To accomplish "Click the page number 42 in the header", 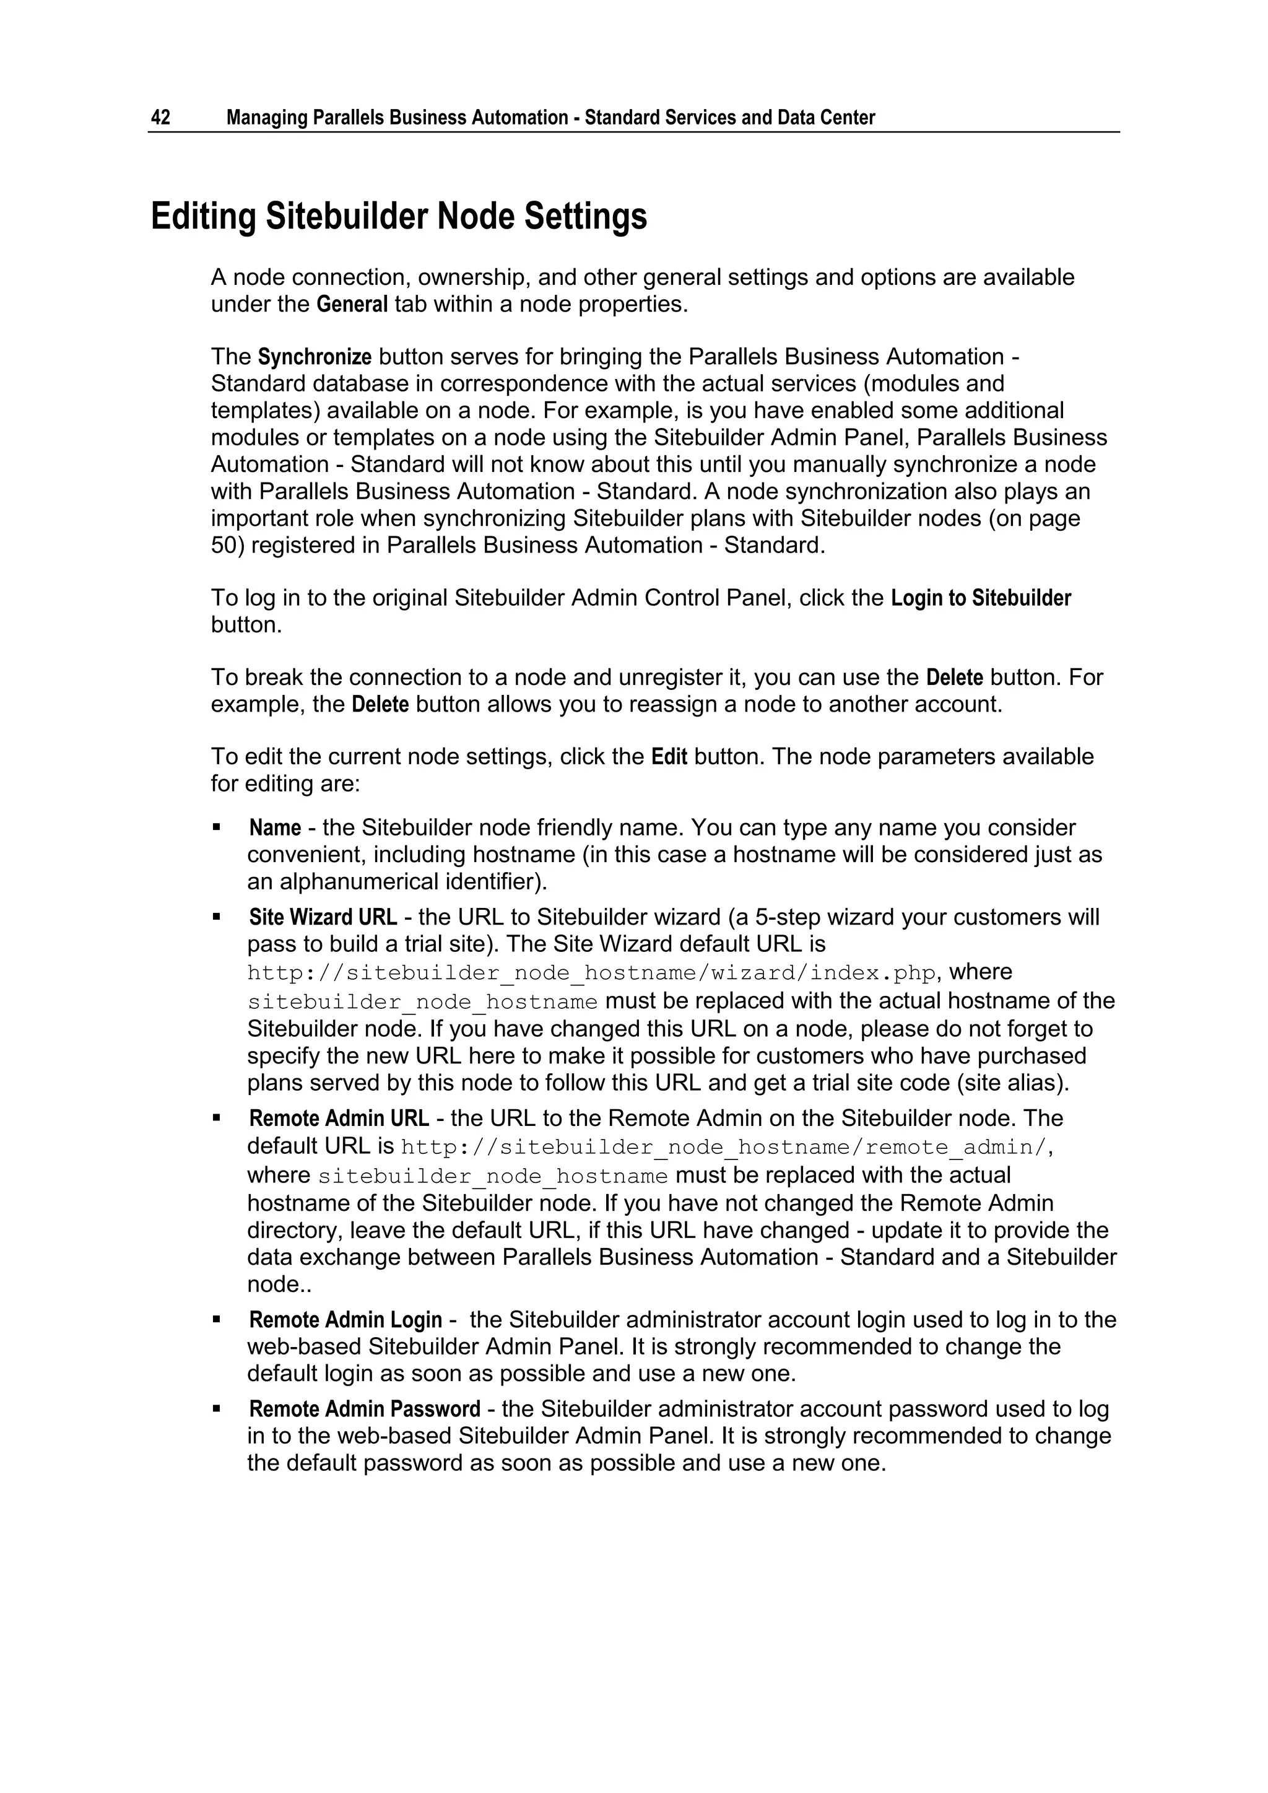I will click(x=160, y=118).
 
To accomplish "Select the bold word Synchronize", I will click(x=315, y=357).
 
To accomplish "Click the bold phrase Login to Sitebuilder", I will click(x=981, y=598).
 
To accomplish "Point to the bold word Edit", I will click(x=669, y=757).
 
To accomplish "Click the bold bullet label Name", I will click(x=275, y=828).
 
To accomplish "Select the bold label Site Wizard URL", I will click(x=323, y=917).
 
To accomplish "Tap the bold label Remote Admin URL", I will click(x=339, y=1119).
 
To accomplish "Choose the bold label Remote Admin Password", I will click(x=365, y=1409).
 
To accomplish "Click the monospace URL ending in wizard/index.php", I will click(x=591, y=973).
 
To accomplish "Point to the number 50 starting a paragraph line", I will click(x=224, y=545).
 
